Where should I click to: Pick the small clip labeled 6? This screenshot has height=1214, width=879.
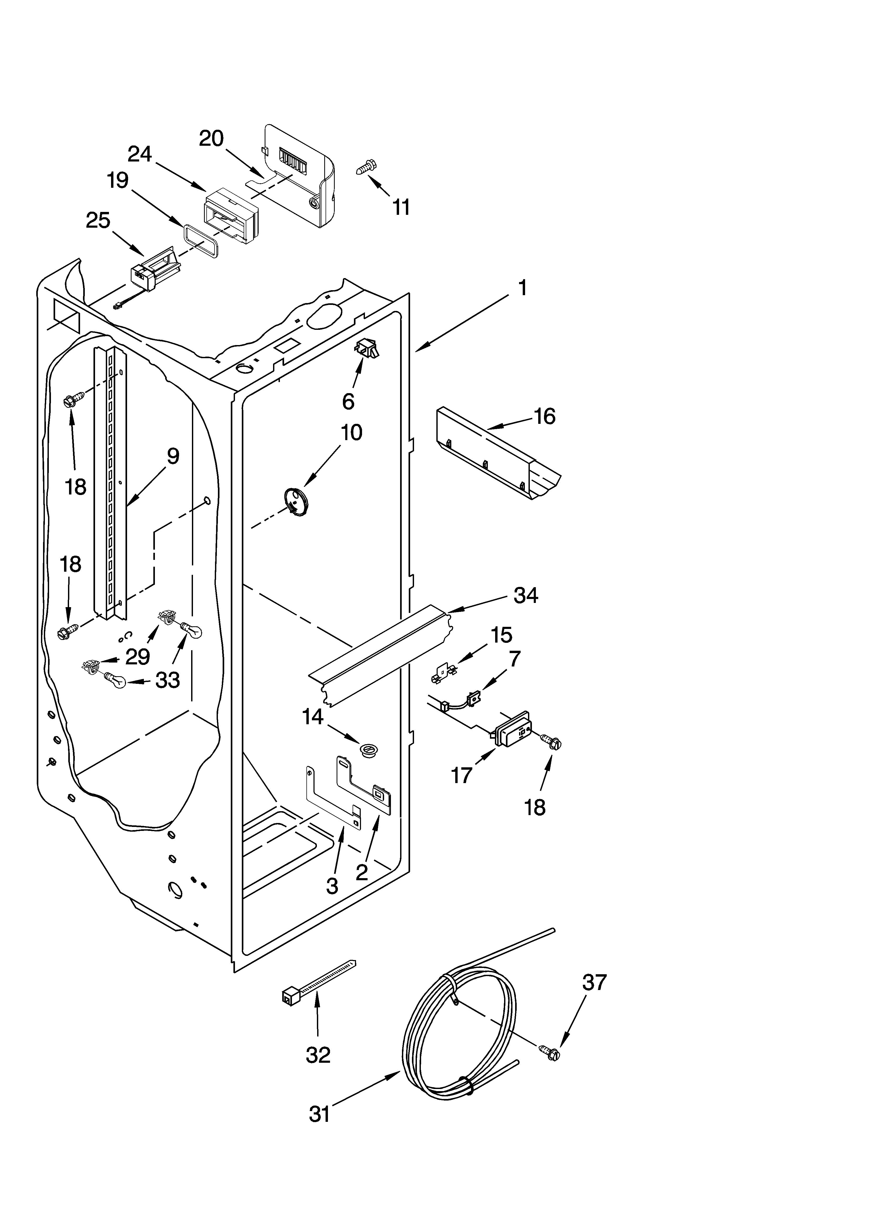(x=366, y=349)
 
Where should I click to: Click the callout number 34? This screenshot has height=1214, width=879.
(x=526, y=595)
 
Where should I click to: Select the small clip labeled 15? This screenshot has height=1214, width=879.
(x=443, y=672)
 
